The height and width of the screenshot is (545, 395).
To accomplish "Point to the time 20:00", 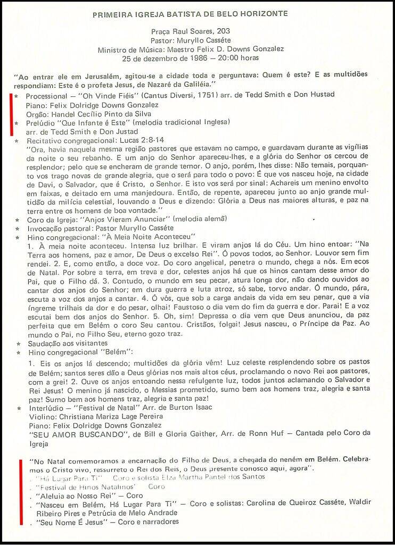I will click(x=231, y=58).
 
